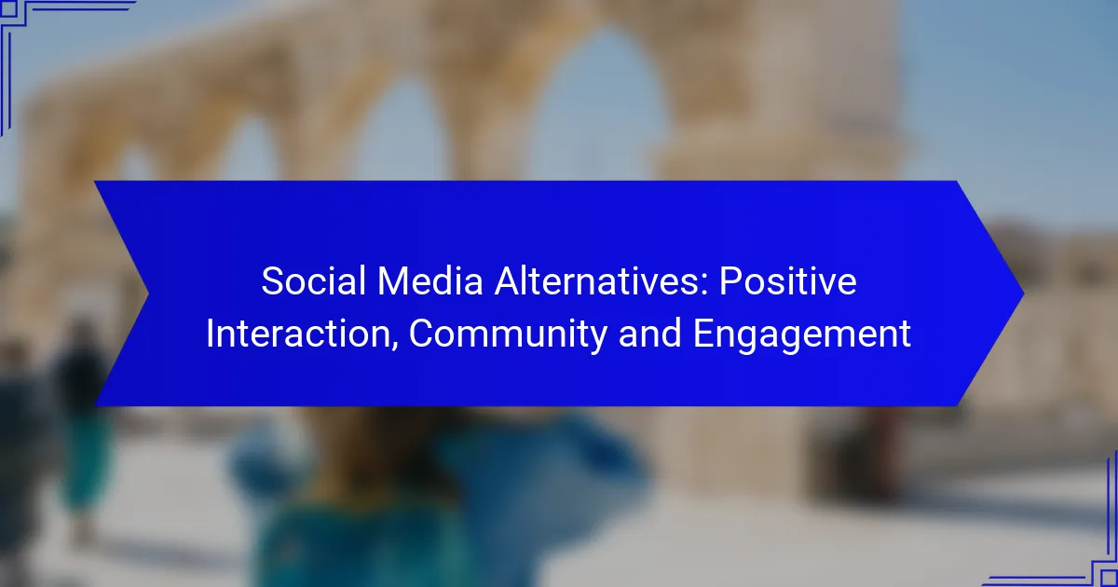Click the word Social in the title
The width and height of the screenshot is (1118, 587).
click(x=313, y=281)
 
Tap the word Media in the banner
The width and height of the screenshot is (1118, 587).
click(x=429, y=281)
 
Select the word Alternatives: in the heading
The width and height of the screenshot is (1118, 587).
click(x=601, y=281)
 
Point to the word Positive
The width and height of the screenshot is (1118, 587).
click(x=788, y=281)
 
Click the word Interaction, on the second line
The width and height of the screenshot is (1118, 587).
click(x=303, y=334)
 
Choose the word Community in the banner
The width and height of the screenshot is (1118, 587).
click(x=508, y=334)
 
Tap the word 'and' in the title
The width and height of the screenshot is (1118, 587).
click(x=650, y=334)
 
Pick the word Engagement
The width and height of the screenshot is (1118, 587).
click(x=802, y=334)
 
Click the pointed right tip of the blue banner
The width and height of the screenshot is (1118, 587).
click(x=1024, y=293)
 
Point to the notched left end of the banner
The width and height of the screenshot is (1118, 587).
click(x=148, y=293)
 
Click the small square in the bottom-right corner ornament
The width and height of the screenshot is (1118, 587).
click(x=1109, y=578)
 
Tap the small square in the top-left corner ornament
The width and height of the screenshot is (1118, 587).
click(x=8, y=8)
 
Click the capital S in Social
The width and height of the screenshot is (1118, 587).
click(x=273, y=281)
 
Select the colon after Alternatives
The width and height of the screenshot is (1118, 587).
click(x=704, y=286)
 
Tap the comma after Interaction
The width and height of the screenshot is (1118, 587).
click(x=394, y=345)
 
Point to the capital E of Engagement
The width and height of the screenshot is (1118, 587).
click(x=702, y=334)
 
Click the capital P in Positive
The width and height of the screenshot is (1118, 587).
click(x=730, y=281)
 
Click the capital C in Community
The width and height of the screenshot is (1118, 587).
click(x=422, y=334)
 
